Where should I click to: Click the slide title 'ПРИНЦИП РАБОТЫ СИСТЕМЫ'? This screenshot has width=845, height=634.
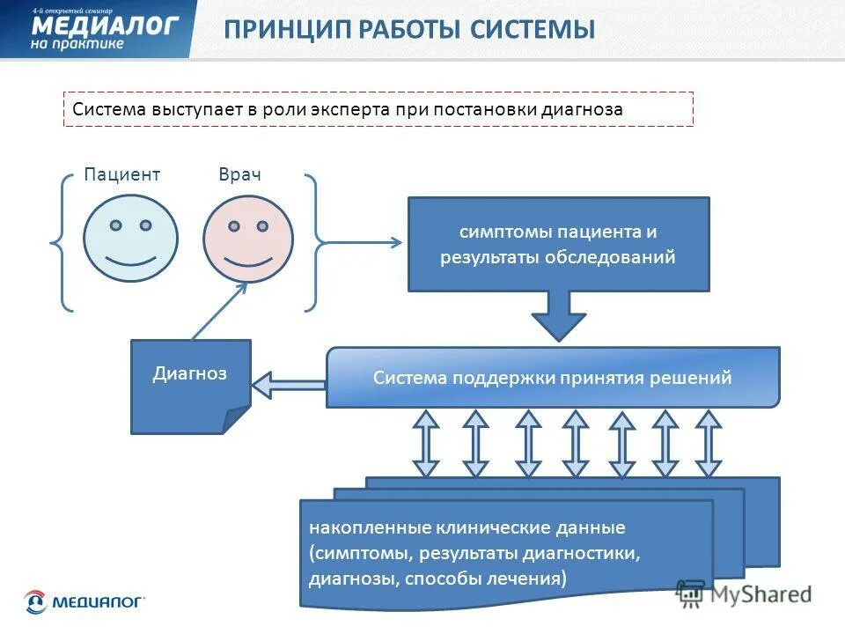tap(409, 29)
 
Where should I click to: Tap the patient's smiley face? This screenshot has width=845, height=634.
tap(130, 237)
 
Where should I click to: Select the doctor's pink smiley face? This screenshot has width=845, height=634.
tap(247, 238)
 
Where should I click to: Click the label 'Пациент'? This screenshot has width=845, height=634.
tap(122, 174)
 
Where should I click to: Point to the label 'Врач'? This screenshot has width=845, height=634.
tap(239, 174)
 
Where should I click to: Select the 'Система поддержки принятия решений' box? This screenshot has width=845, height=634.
tap(552, 378)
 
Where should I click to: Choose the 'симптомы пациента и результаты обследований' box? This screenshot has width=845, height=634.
tap(558, 245)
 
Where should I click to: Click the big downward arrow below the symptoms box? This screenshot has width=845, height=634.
tap(559, 315)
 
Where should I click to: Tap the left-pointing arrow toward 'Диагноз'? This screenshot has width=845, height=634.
tap(288, 385)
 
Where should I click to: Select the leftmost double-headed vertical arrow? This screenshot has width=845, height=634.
tap(427, 443)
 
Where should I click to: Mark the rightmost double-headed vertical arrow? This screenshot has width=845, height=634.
tap(708, 443)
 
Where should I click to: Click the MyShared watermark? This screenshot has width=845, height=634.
tap(744, 593)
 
